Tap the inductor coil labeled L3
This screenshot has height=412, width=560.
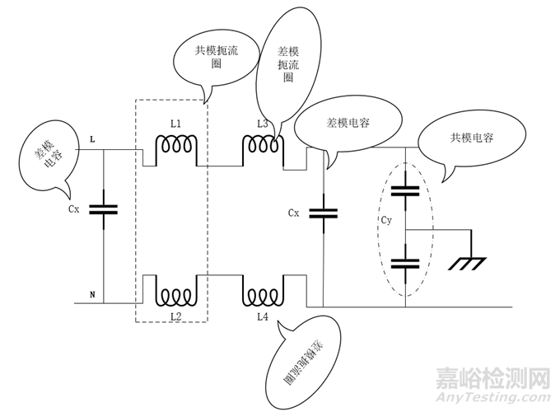tap(262, 145)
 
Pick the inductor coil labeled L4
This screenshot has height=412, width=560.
tap(262, 294)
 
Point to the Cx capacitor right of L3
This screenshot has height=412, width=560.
tap(323, 213)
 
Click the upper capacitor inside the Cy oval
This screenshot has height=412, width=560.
tap(406, 191)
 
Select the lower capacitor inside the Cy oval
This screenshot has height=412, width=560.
tap(406, 263)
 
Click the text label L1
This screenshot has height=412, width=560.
tap(175, 124)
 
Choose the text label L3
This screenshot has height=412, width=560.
tap(262, 124)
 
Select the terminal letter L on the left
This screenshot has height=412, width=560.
tap(92, 140)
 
